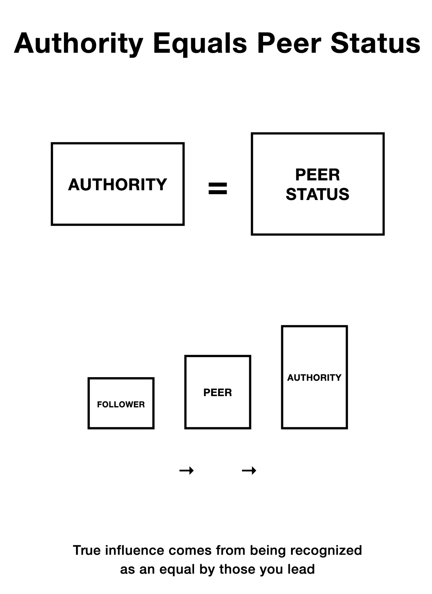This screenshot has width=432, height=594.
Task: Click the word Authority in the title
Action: pyautogui.click(x=79, y=44)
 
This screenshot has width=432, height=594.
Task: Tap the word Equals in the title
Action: pyautogui.click(x=200, y=44)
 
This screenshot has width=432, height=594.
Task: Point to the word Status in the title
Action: pyautogui.click(x=375, y=44)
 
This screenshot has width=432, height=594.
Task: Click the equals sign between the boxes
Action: pyautogui.click(x=218, y=188)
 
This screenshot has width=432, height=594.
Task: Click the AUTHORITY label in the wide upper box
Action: pyautogui.click(x=117, y=184)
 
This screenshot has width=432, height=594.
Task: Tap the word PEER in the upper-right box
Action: pyautogui.click(x=317, y=175)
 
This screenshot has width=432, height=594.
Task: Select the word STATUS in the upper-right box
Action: pyautogui.click(x=317, y=194)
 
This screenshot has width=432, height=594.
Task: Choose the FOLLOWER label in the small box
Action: pyautogui.click(x=121, y=404)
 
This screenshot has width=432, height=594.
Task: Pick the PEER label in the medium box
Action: pyautogui.click(x=218, y=392)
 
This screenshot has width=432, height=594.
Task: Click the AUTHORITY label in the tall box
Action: pyautogui.click(x=314, y=378)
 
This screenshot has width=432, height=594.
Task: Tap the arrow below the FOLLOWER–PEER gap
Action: pyautogui.click(x=187, y=471)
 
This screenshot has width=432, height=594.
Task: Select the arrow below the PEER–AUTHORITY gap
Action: pyautogui.click(x=249, y=471)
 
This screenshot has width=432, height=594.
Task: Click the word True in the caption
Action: pyautogui.click(x=87, y=550)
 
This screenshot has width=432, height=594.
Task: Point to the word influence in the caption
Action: pyautogui.click(x=134, y=550)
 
